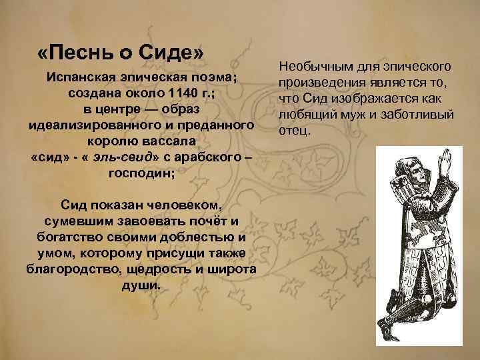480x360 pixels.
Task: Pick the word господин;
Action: (141, 173)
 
